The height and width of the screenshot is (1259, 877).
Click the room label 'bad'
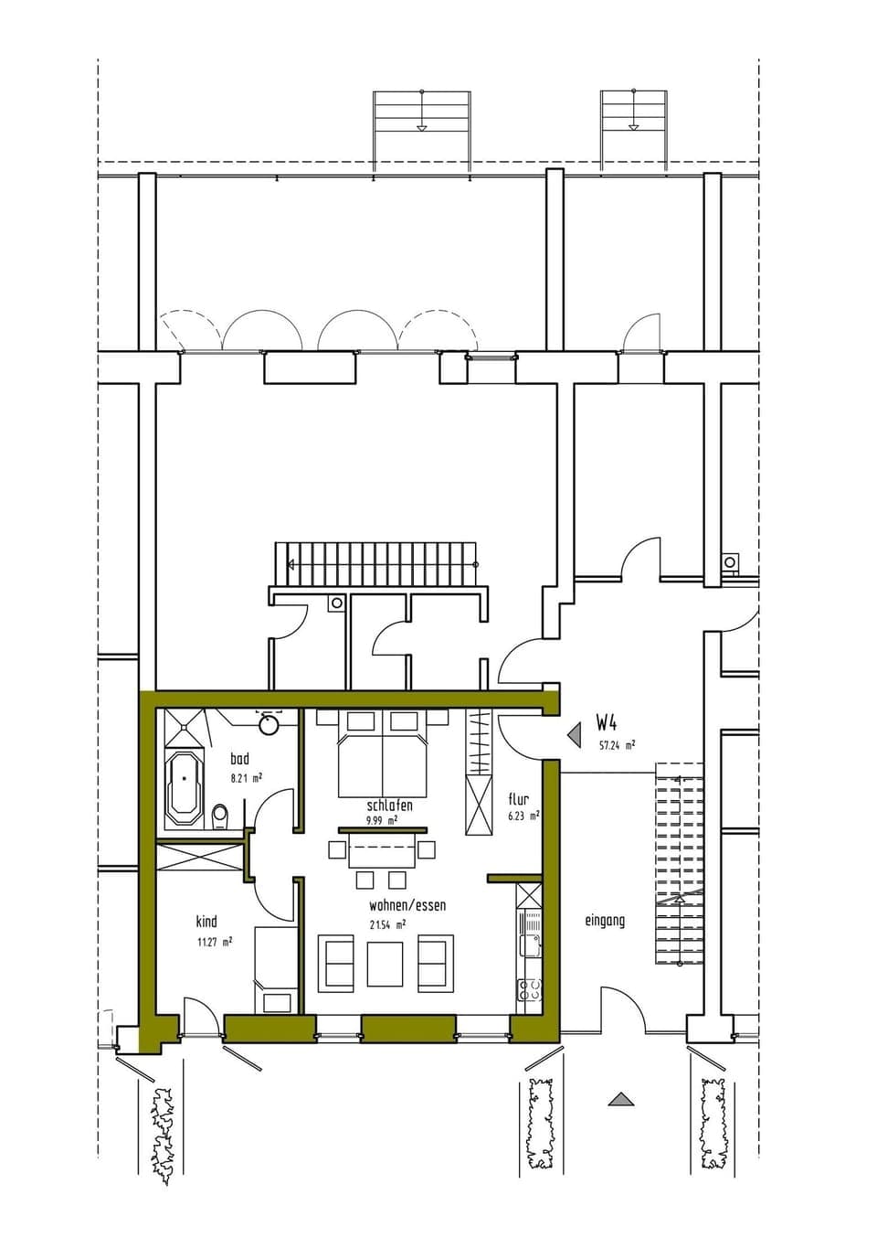[239, 758]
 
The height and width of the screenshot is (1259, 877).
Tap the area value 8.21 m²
[247, 778]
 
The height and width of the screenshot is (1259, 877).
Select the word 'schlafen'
[389, 806]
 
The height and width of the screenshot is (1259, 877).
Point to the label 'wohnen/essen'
[407, 905]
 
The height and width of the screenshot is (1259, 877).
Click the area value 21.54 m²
[387, 924]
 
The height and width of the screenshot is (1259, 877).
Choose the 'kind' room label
[206, 921]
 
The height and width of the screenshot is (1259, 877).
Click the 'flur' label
[518, 799]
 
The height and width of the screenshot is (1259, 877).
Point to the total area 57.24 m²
[617, 744]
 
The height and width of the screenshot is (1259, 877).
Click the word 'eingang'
[605, 921]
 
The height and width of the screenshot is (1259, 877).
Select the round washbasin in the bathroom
[269, 726]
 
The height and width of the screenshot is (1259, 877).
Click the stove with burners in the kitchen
[530, 989]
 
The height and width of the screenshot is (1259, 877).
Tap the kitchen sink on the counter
[529, 942]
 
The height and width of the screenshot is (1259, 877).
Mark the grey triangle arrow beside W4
[575, 734]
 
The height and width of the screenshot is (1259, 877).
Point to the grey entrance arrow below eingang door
[620, 1099]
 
